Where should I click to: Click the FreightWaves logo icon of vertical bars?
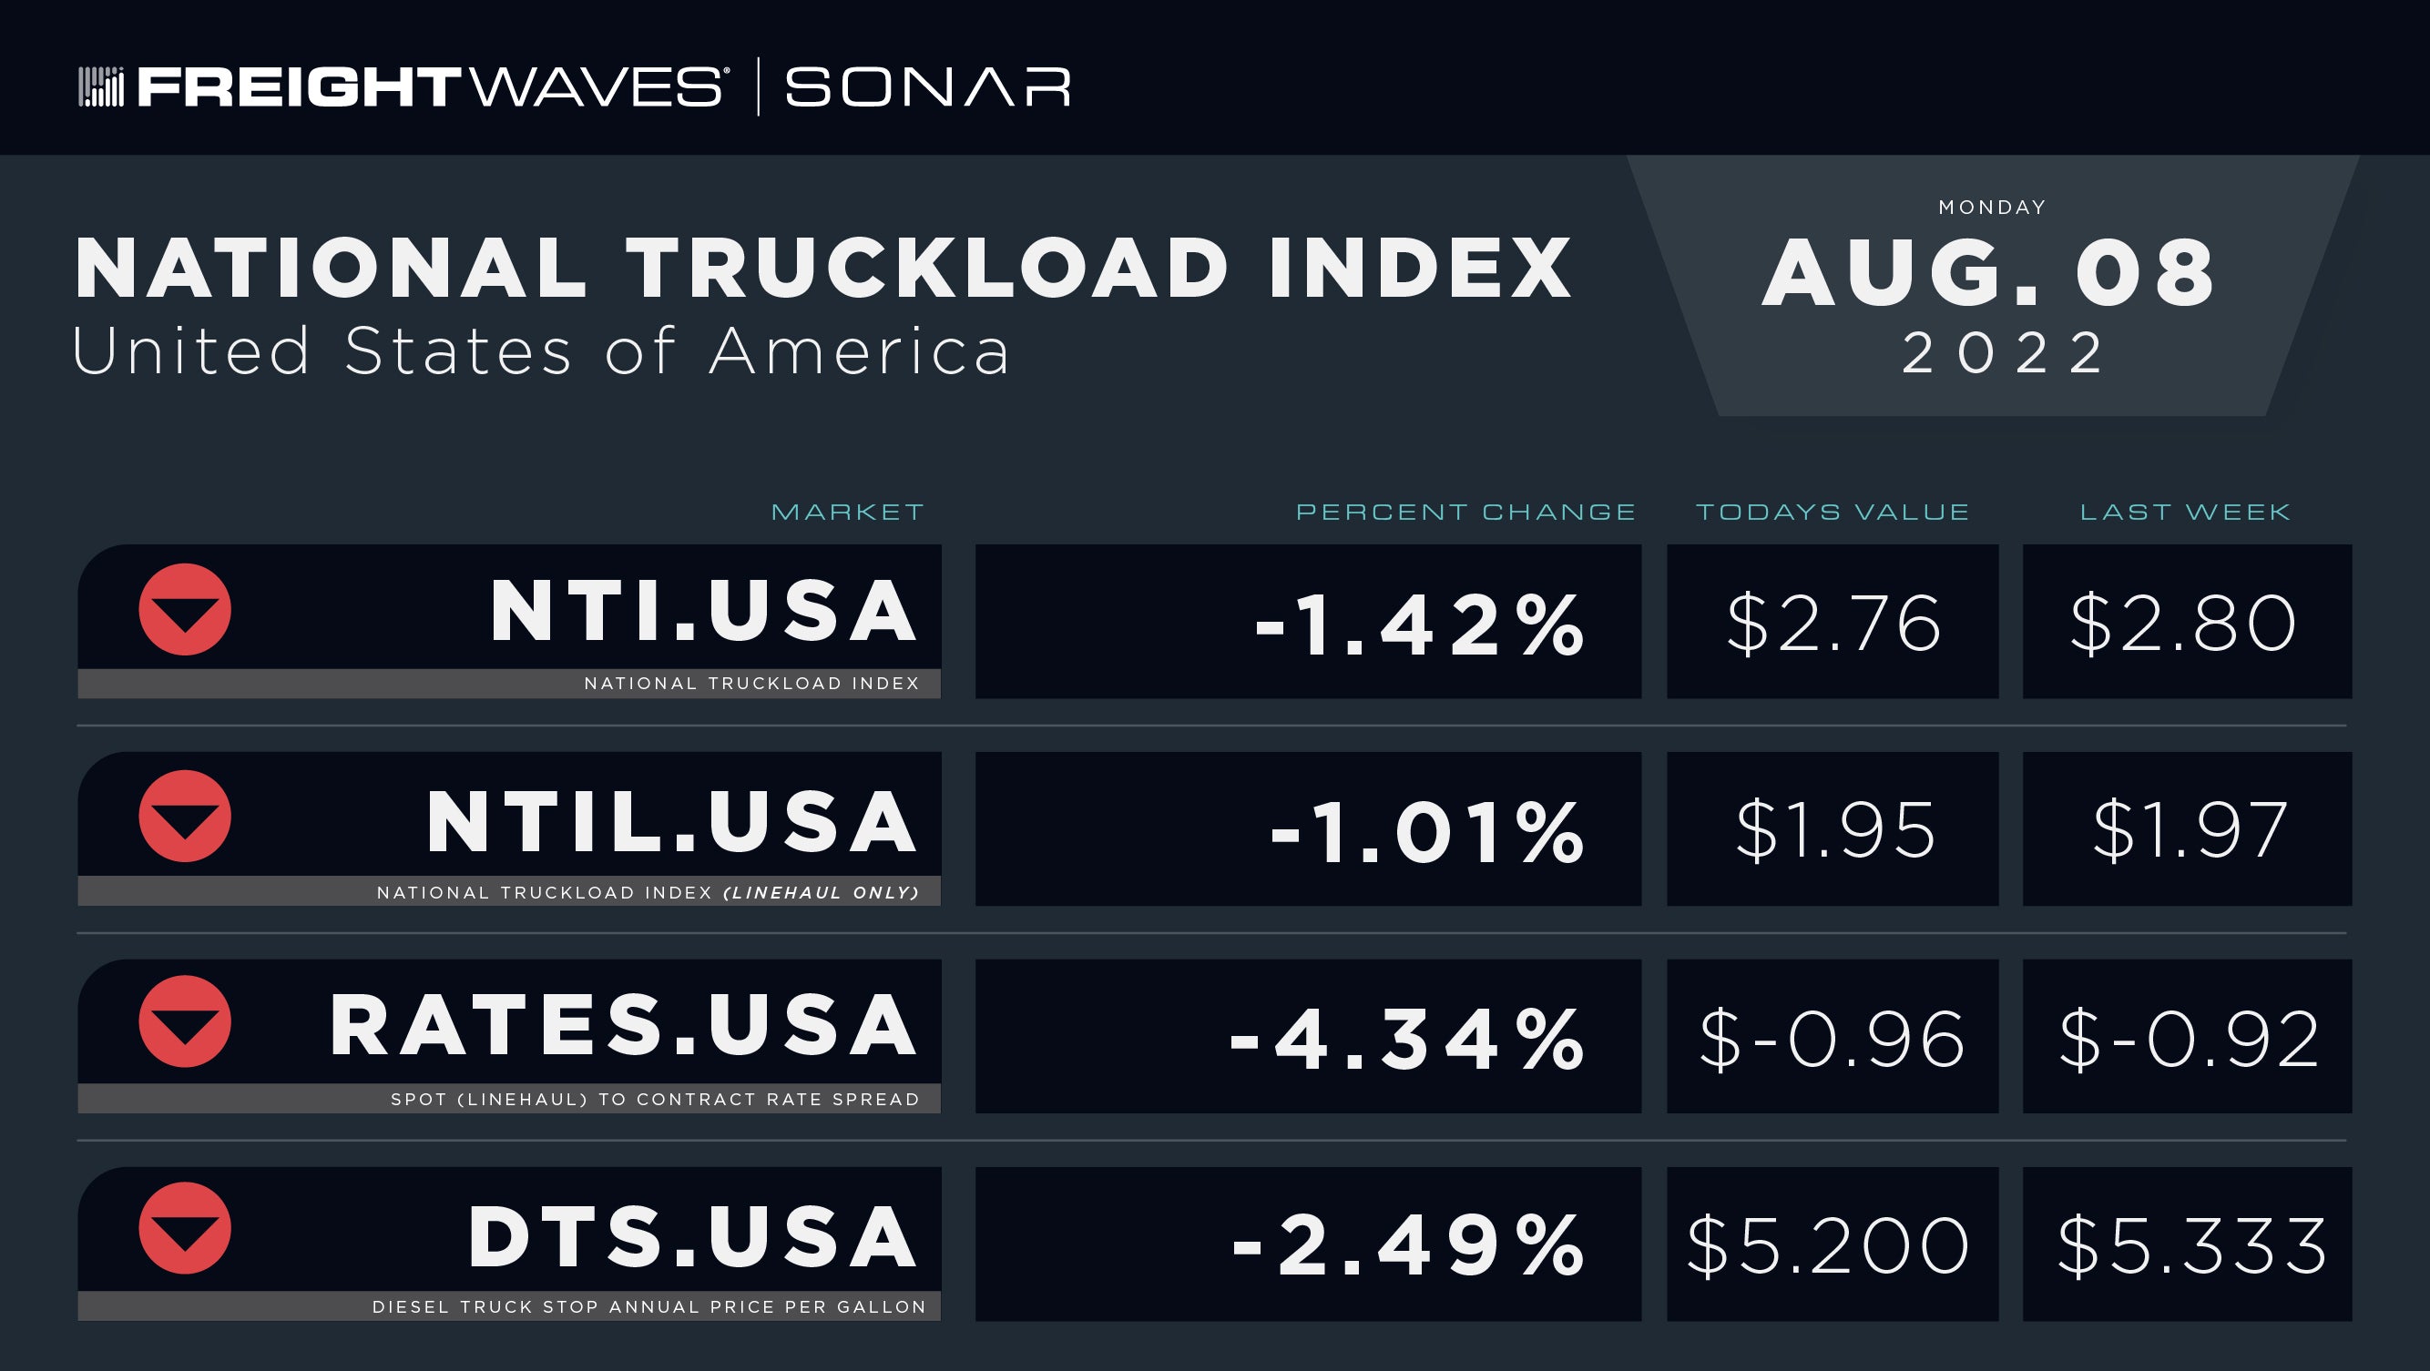[101, 86]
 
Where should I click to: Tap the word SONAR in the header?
[928, 86]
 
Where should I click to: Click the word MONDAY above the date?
[1992, 208]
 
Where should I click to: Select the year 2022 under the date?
[2002, 352]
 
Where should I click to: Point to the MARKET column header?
[847, 512]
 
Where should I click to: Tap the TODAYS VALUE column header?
[1833, 512]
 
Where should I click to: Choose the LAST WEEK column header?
[2186, 512]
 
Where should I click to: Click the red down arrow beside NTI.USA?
[185, 609]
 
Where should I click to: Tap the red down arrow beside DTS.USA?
[185, 1228]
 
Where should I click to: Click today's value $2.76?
[1833, 624]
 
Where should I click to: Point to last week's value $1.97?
[2190, 829]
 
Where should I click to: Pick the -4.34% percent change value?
[1406, 1040]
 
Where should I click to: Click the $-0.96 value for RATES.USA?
[1832, 1039]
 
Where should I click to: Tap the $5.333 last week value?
[2191, 1245]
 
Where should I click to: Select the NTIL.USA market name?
[671, 822]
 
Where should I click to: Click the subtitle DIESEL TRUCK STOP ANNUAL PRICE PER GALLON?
[649, 1307]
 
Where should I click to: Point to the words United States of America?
[541, 351]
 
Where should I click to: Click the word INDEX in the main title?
[1421, 269]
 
